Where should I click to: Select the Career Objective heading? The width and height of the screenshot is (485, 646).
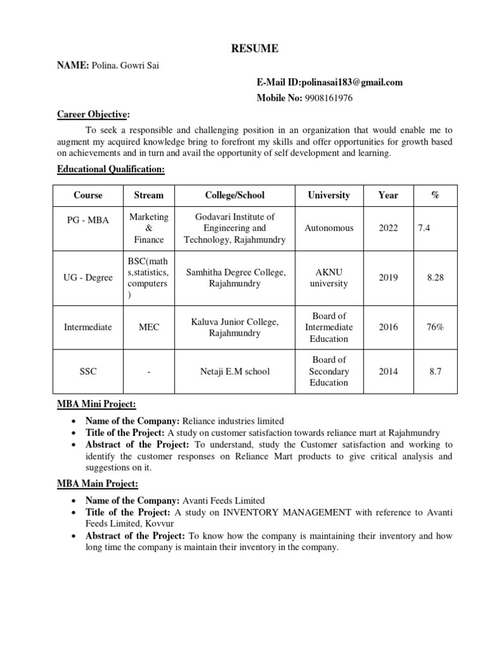click(93, 114)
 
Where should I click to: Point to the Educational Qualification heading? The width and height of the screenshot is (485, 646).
click(111, 169)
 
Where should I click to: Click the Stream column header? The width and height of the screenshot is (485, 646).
click(149, 195)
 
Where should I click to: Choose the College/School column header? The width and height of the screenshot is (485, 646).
click(235, 195)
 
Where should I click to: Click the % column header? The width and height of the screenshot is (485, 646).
click(434, 195)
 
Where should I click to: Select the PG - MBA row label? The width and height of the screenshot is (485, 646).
click(87, 220)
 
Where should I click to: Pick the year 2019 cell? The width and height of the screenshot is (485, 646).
click(388, 278)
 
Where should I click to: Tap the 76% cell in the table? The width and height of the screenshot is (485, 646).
click(434, 327)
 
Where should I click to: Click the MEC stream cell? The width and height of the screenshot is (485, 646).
click(149, 327)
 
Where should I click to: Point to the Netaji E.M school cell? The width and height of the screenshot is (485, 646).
click(235, 371)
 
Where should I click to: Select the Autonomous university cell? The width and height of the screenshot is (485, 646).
click(328, 228)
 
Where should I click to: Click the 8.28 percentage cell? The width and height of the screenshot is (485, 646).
click(434, 278)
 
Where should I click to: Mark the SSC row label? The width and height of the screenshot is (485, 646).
click(87, 371)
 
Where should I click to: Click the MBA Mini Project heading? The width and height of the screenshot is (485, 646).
click(97, 404)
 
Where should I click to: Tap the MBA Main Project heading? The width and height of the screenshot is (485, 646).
click(98, 484)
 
